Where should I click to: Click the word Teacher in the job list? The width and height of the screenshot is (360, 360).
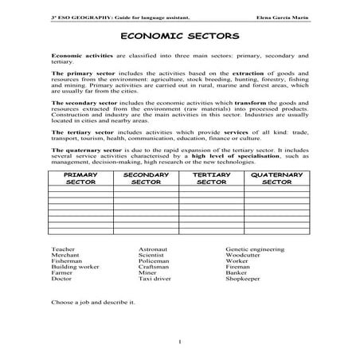click(x=62, y=249)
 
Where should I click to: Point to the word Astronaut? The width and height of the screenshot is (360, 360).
click(x=153, y=249)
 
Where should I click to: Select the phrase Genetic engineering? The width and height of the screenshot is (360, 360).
click(x=252, y=249)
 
